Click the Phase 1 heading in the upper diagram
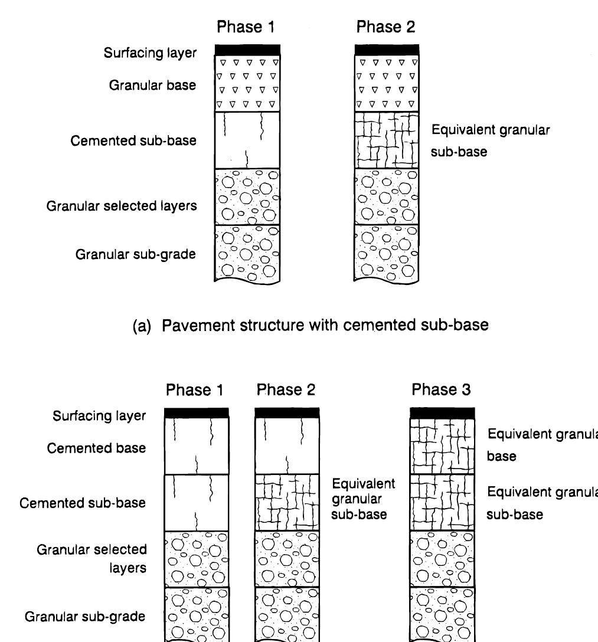pos(246,27)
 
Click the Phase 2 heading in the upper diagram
pos(385,27)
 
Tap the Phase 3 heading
pos(441,390)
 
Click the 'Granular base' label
pos(152,85)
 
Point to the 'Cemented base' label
pos(97,448)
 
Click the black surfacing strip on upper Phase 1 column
pos(247,50)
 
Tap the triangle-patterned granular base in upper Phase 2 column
pos(387,83)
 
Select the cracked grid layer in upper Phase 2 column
pos(387,140)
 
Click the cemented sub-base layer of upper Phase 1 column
pos(247,140)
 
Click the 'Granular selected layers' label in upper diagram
pos(122,206)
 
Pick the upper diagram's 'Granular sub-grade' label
pos(136,254)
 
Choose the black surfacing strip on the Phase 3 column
pos(442,412)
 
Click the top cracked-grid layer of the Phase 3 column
pos(442,446)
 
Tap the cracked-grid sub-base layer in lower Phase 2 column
pos(287,502)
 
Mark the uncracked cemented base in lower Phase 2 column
pos(287,446)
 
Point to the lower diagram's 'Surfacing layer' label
pos(99,415)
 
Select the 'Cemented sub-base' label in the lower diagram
pos(83,503)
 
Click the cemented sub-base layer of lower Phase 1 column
pos(197,502)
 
